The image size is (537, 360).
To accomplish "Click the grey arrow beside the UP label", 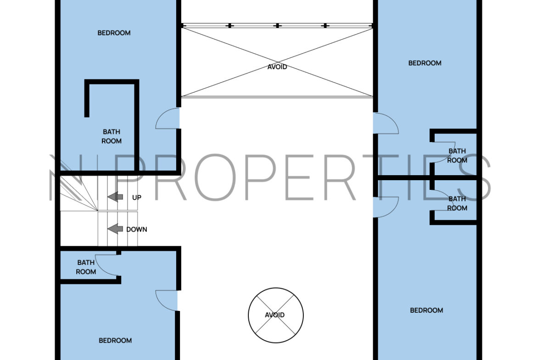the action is click(115, 197).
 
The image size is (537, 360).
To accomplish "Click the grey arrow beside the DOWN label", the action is click(115, 228).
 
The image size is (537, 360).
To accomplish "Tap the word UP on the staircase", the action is click(137, 198).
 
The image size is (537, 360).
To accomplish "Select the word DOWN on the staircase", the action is click(137, 229).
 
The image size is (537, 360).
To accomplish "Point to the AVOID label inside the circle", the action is click(274, 315).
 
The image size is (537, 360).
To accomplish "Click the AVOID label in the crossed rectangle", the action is click(277, 67).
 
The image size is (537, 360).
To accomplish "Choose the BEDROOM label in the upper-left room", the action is click(114, 33).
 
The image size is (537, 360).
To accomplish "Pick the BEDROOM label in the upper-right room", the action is click(425, 63).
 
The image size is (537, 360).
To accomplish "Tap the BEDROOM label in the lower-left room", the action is click(115, 340).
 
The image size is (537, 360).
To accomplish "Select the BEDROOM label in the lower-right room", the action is click(426, 310).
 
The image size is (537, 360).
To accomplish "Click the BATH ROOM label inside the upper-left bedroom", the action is click(112, 136).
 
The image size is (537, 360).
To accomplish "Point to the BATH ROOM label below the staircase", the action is click(86, 267).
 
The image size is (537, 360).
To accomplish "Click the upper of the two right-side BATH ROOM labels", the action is click(457, 155).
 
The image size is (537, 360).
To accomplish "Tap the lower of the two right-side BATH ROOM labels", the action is click(457, 203).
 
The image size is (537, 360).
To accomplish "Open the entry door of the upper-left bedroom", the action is click(168, 118).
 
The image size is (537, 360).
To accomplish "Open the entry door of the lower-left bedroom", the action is click(167, 300).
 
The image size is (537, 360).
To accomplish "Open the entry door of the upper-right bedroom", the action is click(386, 123).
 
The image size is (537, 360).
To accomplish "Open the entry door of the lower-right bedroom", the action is click(386, 207).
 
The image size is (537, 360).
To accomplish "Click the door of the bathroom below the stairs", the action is click(106, 265).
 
